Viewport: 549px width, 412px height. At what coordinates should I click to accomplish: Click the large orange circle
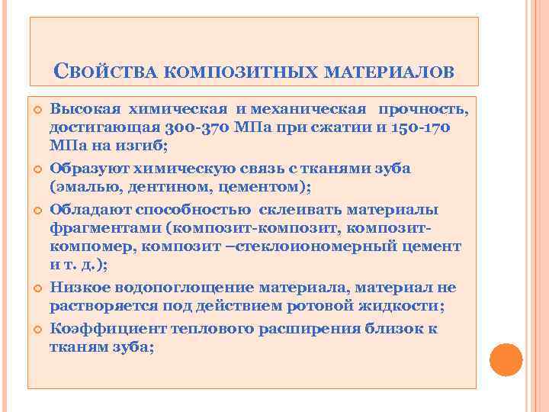click(505, 359)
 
